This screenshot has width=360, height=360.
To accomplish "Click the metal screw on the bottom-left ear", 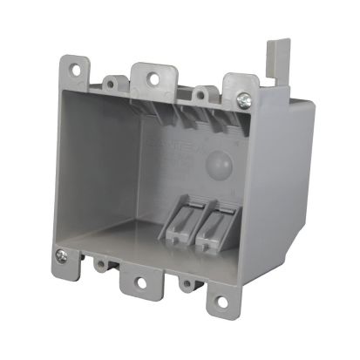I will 60,256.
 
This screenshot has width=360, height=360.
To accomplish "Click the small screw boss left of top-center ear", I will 111,85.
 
